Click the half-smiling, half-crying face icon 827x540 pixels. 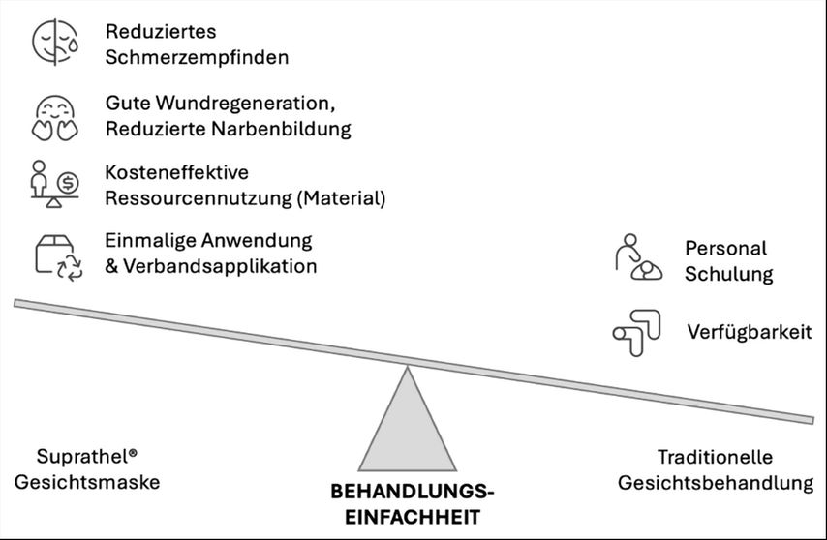pos(55,43)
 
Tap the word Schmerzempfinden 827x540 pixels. pos(197,57)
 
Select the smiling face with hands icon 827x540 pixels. pos(55,118)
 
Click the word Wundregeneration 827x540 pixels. pos(245,104)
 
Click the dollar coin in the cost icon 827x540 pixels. pos(68,183)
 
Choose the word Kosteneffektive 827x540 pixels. pos(176,172)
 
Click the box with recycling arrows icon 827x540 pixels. pos(58,257)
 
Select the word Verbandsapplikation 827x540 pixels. pos(220,266)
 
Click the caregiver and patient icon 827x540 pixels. pos(638,257)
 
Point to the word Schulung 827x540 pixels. pos(729,275)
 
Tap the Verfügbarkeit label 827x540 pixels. pos(750,333)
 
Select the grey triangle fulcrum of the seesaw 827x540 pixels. pos(407,427)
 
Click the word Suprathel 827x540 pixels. pos(83,456)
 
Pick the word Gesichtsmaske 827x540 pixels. pos(87,482)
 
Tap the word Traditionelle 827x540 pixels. pos(715,457)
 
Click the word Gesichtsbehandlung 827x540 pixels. pos(716,483)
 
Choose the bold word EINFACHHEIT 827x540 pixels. pos(413,517)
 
